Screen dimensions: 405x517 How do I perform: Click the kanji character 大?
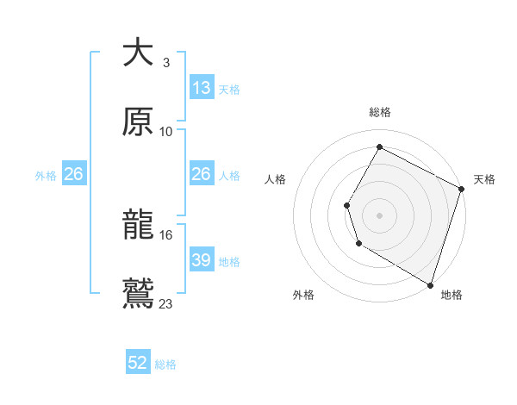pyautogui.click(x=139, y=53)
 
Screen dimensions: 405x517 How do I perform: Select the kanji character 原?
pyautogui.click(x=139, y=121)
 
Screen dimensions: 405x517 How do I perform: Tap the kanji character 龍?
pyautogui.click(x=139, y=226)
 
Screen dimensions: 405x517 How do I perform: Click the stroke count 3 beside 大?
pyautogui.click(x=166, y=63)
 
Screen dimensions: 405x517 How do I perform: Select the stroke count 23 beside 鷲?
pyautogui.click(x=166, y=303)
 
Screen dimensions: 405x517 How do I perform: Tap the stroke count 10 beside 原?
pyautogui.click(x=166, y=131)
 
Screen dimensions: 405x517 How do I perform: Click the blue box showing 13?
pyautogui.click(x=201, y=88)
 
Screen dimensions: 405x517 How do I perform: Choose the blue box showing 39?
pyautogui.click(x=201, y=260)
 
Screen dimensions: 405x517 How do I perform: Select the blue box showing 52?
pyautogui.click(x=138, y=364)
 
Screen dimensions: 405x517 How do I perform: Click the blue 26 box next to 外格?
pyautogui.click(x=73, y=175)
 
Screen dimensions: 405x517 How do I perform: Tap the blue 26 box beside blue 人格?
pyautogui.click(x=201, y=175)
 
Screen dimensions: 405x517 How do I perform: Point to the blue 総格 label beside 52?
pyautogui.click(x=165, y=364)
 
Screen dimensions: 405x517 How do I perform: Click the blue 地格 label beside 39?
pyautogui.click(x=229, y=261)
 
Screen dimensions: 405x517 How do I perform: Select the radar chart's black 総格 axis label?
pyautogui.click(x=379, y=112)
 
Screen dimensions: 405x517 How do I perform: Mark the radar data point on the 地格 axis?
pyautogui.click(x=430, y=284)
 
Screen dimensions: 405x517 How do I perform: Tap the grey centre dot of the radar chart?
pyautogui.click(x=379, y=215)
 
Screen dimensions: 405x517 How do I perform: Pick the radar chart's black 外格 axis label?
pyautogui.click(x=303, y=295)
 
